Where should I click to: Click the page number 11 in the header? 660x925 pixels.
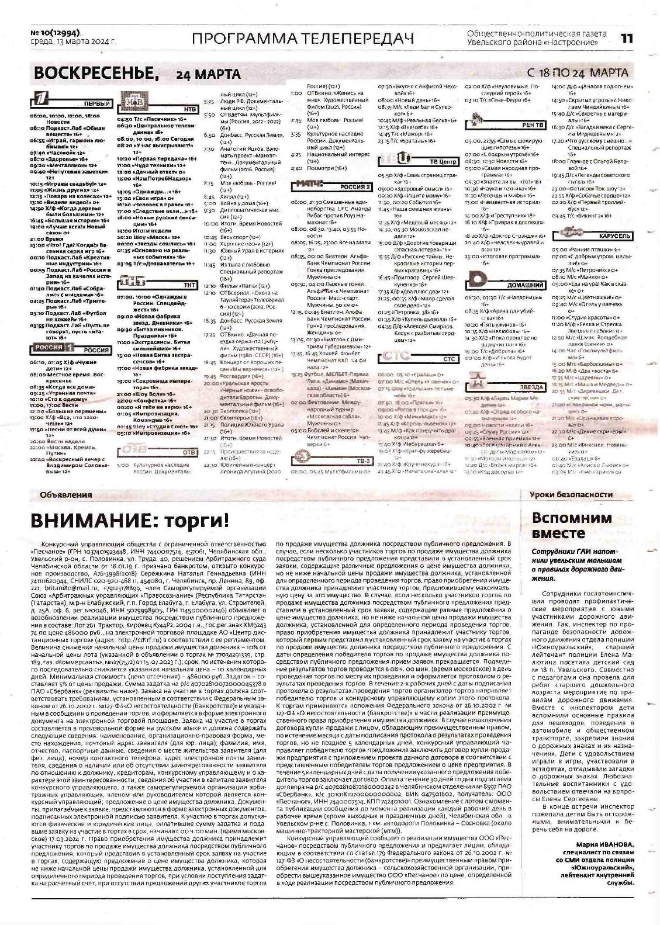[x=627, y=39]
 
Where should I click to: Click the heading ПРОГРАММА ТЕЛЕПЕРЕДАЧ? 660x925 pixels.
[x=302, y=39]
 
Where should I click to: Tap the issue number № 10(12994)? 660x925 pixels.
[x=56, y=33]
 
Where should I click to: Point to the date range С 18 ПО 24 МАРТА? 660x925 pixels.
[x=578, y=73]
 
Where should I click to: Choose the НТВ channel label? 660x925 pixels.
[x=189, y=109]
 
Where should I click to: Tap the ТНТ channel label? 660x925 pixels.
[x=189, y=285]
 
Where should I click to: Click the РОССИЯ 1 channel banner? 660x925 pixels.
[x=71, y=349]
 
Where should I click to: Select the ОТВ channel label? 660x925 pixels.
[x=189, y=452]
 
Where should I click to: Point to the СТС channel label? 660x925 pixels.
[x=448, y=359]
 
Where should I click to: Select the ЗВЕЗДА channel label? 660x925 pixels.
[x=531, y=387]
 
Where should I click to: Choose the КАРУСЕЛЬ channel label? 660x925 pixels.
[x=614, y=236]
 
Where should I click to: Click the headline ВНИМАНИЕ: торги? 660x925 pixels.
[x=130, y=520]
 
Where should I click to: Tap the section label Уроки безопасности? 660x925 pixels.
[x=571, y=494]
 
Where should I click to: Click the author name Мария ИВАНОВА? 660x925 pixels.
[x=604, y=844]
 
